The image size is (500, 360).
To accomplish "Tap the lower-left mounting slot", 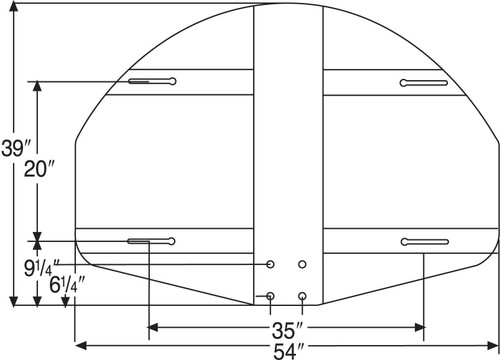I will (150, 240).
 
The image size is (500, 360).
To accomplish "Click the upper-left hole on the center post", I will (271, 265).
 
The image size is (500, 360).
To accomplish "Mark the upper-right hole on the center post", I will (302, 265).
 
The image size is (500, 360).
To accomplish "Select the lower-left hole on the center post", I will (271, 296).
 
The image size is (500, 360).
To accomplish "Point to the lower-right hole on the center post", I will (302, 296).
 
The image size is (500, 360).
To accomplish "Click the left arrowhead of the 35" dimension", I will (153, 326).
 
